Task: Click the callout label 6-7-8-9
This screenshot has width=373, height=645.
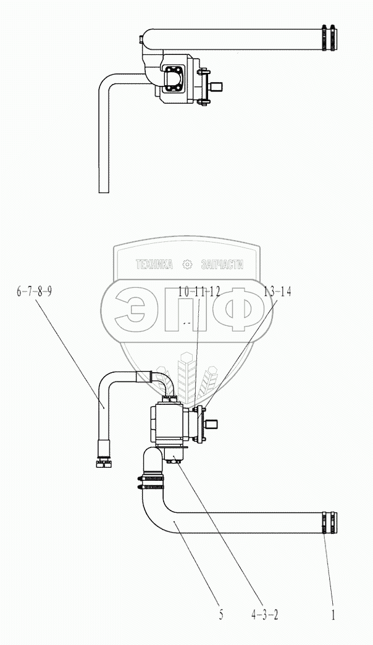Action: (34, 293)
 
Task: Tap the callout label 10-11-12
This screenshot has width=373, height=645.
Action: (199, 293)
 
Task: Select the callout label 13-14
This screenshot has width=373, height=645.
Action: (277, 293)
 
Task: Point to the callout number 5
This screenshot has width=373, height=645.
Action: (221, 615)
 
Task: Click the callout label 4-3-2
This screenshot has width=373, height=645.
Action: (264, 615)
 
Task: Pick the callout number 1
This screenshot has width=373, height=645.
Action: (333, 615)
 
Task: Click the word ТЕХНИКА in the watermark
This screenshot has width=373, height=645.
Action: (154, 265)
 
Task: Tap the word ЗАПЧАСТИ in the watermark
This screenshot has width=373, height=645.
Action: (222, 265)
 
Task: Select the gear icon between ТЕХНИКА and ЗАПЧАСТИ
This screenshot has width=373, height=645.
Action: (187, 265)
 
